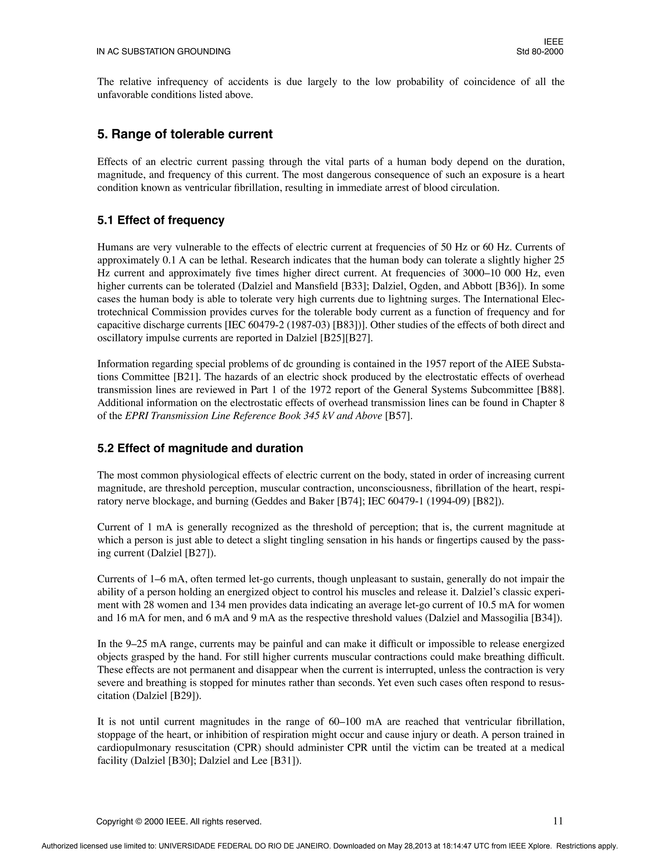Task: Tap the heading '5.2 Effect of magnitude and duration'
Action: (200, 448)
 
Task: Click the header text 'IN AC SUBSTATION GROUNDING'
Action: (164, 52)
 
